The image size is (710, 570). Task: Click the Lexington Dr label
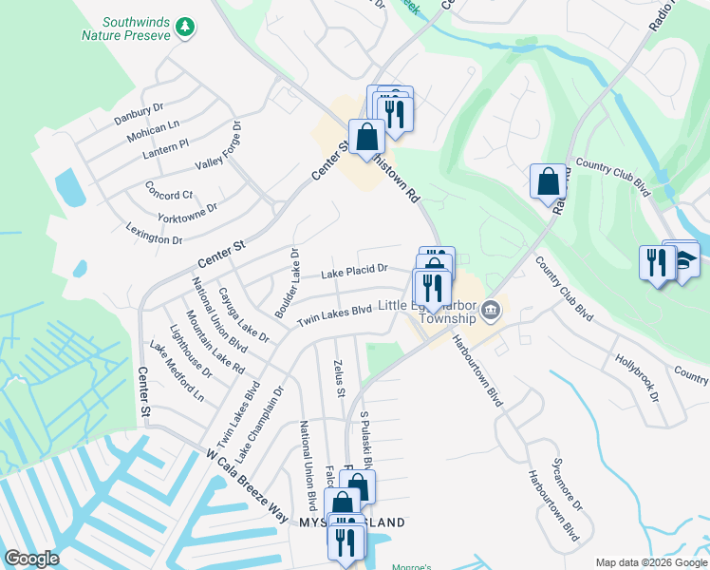(x=154, y=234)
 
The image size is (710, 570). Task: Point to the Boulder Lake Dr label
(x=287, y=283)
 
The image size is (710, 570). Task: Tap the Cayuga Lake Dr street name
(x=243, y=314)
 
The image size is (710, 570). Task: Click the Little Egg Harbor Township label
(x=427, y=312)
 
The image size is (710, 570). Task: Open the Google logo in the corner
(x=32, y=560)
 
